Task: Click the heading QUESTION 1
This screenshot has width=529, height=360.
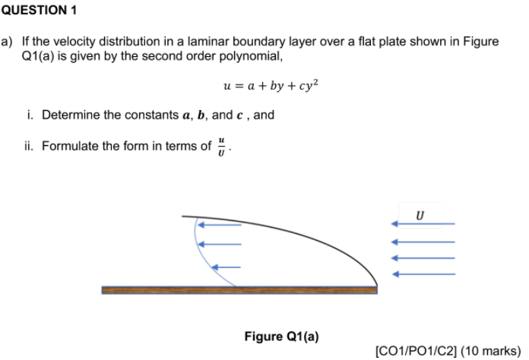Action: coord(39,11)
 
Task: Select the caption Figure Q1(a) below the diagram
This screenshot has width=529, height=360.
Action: coord(281,336)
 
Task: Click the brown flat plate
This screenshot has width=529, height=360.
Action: coord(239,289)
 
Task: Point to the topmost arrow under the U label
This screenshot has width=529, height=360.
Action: coord(423,224)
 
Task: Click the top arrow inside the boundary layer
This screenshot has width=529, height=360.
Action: coord(219,225)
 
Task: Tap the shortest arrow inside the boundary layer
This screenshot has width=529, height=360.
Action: coord(226,267)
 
